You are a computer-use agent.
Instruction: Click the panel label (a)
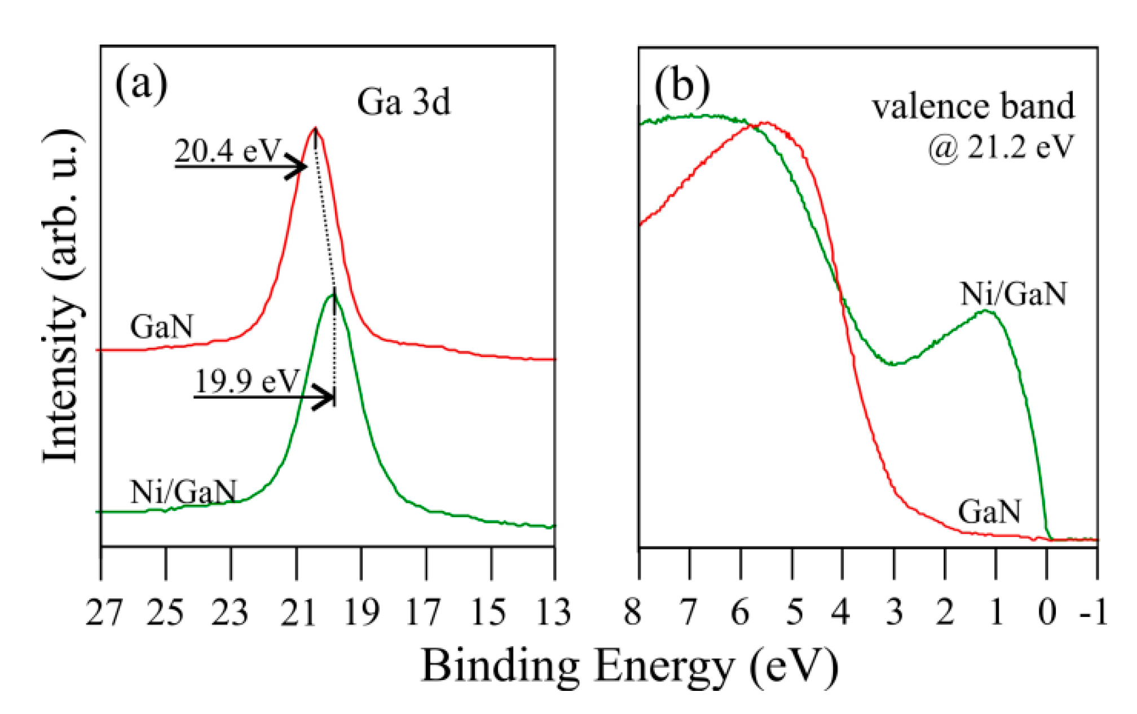click(141, 85)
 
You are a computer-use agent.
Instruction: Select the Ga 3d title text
click(404, 102)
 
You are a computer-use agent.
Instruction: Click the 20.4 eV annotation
click(227, 151)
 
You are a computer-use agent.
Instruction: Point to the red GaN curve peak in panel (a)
click(315, 130)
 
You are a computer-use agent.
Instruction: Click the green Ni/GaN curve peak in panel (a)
click(333, 295)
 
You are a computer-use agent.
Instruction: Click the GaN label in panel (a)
click(161, 327)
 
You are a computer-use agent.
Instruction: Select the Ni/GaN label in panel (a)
click(183, 492)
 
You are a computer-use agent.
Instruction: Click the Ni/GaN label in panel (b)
click(1013, 294)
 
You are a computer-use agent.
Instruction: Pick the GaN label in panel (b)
click(989, 512)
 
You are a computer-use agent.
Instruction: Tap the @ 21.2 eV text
click(1001, 147)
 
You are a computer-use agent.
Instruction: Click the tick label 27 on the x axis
click(103, 612)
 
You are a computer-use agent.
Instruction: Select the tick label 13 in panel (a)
click(554, 612)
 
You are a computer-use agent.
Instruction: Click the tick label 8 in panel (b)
click(633, 612)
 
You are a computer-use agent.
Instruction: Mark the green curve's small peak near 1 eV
click(986, 311)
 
